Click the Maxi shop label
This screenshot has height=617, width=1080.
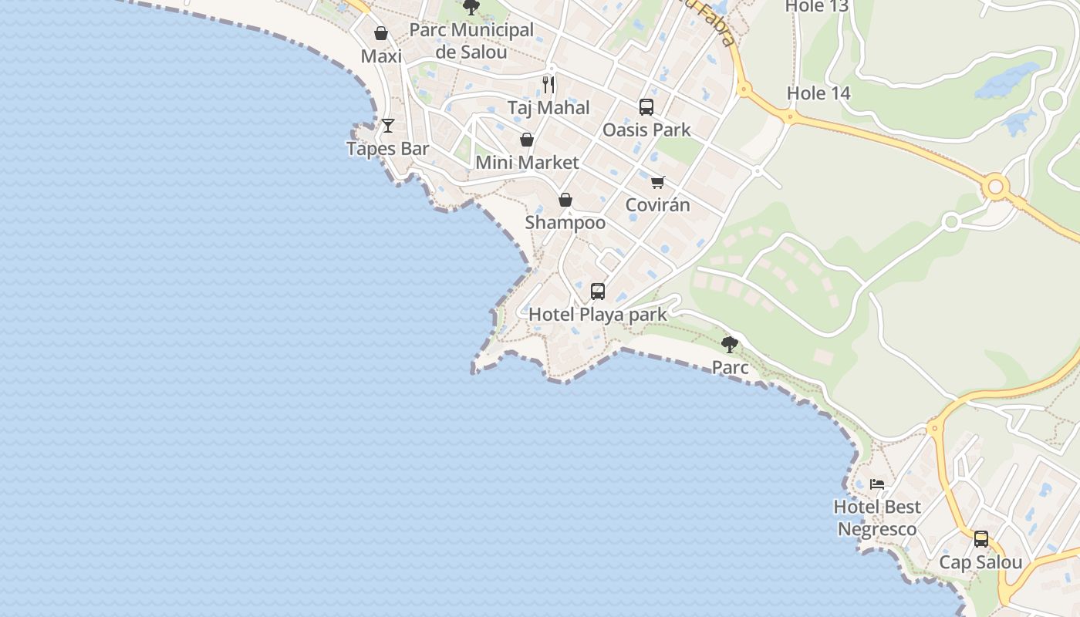pos(381,56)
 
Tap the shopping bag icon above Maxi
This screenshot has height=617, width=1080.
pos(380,33)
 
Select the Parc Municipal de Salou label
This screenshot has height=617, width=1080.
pos(471,41)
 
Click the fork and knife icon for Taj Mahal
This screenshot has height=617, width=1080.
pos(548,84)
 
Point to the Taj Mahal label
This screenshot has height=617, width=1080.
pos(548,107)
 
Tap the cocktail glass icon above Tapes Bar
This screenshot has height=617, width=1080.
pos(388,126)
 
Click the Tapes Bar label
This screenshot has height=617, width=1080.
pos(387,148)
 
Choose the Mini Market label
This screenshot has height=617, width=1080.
pos(527,162)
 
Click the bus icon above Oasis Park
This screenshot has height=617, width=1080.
pos(646,107)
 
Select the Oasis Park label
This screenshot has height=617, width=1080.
pos(646,129)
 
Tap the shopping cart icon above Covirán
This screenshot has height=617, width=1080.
pos(657,183)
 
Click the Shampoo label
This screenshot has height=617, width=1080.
pos(565,222)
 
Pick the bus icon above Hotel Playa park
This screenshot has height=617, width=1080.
pos(598,292)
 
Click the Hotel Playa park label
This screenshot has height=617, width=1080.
pos(598,314)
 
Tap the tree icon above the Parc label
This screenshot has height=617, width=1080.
pos(730,344)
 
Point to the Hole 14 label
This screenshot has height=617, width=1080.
pos(818,93)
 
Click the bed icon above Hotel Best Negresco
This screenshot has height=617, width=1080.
pos(877,484)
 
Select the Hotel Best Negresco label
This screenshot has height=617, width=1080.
pos(877,518)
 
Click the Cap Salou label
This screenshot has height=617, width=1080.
pos(980,562)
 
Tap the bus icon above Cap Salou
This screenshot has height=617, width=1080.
pos(980,539)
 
